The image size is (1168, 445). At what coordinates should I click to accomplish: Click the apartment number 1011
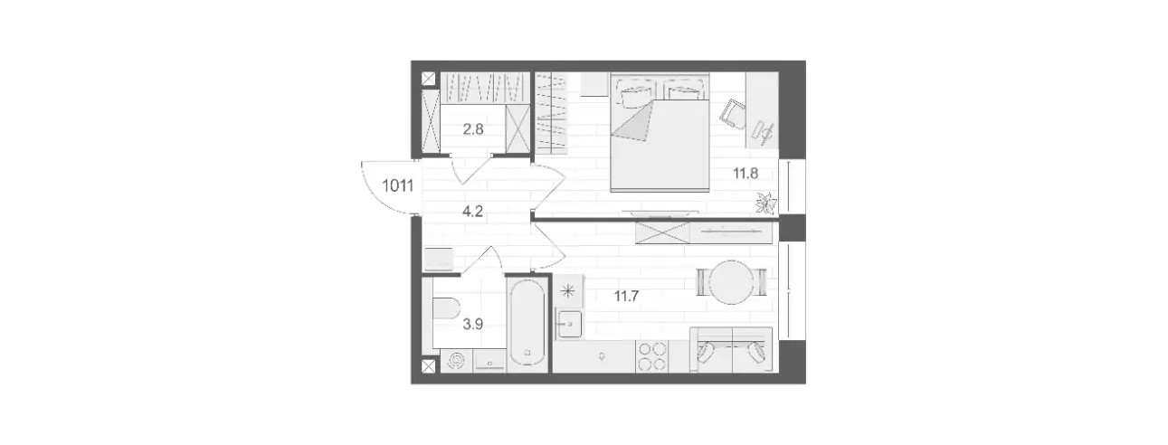[x=398, y=185]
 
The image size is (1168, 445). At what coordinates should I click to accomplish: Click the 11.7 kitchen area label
[x=626, y=297]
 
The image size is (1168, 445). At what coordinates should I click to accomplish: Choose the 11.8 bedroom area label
[x=745, y=174]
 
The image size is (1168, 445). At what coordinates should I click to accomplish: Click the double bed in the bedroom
[x=660, y=132]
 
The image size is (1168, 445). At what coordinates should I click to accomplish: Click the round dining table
[x=732, y=282]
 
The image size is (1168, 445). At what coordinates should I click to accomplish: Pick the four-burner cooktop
[x=651, y=357]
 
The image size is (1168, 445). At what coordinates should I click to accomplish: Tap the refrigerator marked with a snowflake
[x=568, y=291]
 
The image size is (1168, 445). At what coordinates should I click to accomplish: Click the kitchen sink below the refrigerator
[x=569, y=324]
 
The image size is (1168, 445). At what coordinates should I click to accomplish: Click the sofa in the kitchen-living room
[x=731, y=350]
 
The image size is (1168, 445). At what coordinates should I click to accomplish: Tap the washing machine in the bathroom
[x=457, y=361]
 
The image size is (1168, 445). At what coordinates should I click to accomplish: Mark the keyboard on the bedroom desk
[x=764, y=132]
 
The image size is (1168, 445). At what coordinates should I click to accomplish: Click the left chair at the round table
[x=703, y=282]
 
